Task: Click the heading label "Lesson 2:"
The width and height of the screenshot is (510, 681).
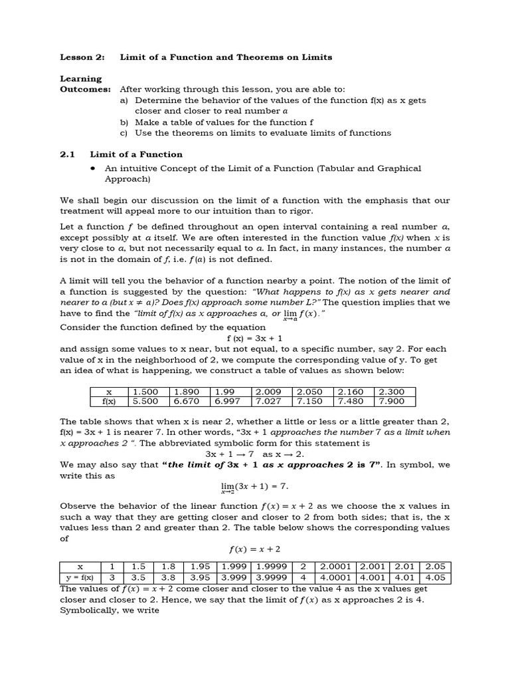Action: point(81,57)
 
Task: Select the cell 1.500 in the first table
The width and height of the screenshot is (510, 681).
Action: point(145,392)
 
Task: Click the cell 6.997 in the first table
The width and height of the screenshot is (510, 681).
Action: point(229,401)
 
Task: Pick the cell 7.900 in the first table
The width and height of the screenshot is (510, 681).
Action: point(395,401)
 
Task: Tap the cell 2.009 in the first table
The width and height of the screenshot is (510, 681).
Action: point(271,392)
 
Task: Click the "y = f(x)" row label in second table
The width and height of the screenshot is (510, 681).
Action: point(80,577)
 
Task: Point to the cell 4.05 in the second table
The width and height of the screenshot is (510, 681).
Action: point(436,577)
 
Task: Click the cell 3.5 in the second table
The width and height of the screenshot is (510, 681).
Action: point(139,577)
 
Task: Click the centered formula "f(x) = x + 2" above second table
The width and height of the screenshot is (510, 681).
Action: point(255,549)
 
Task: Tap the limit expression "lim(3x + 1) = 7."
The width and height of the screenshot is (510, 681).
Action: point(255,487)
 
